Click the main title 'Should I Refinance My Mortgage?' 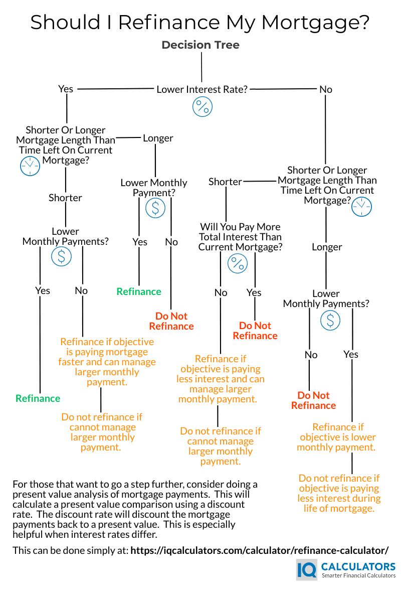point(200,23)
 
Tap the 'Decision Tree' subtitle point(200,45)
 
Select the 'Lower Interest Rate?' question point(202,89)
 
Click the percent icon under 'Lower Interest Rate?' point(203,107)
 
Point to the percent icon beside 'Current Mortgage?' point(238,263)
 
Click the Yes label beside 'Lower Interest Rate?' point(66,89)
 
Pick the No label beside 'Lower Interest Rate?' point(326,89)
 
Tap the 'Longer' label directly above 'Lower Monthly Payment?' point(158,138)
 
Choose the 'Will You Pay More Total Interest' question point(241,237)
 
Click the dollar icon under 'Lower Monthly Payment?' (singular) point(155,208)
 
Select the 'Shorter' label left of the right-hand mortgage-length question point(225,182)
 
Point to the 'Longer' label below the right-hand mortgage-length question point(327,247)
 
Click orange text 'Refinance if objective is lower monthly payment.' point(337,437)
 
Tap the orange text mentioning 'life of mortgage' point(339,493)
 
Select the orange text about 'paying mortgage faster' point(107,362)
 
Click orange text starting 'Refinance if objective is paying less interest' point(221,379)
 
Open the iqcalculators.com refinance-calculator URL point(260,550)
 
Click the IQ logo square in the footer point(307,570)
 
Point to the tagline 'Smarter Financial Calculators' point(358,576)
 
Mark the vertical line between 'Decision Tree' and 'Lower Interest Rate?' point(202,67)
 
